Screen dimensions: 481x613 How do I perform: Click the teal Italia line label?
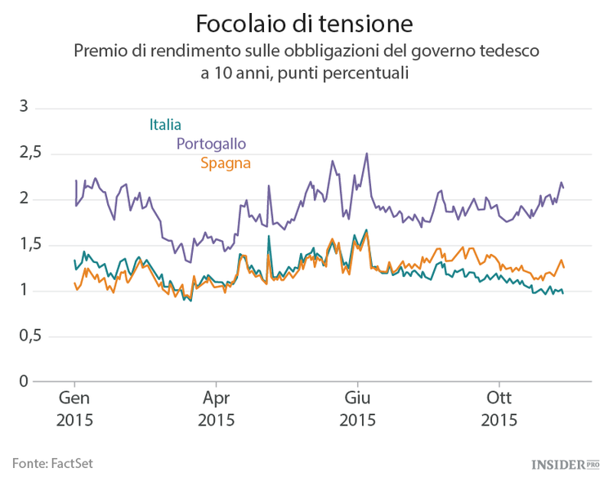tap(165, 125)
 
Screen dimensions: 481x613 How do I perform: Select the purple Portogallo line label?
tap(211, 144)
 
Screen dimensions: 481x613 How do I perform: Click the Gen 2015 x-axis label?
tap(74, 409)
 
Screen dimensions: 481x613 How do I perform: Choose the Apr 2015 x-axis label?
tap(216, 409)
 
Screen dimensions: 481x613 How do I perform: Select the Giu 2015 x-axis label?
tap(357, 409)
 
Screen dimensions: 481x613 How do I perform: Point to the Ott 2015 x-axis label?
tap(499, 409)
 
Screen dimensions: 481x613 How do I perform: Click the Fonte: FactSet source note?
tap(52, 463)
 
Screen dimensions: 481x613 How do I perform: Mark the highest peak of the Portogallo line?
tap(367, 153)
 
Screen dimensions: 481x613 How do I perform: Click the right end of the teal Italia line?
tap(562, 292)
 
